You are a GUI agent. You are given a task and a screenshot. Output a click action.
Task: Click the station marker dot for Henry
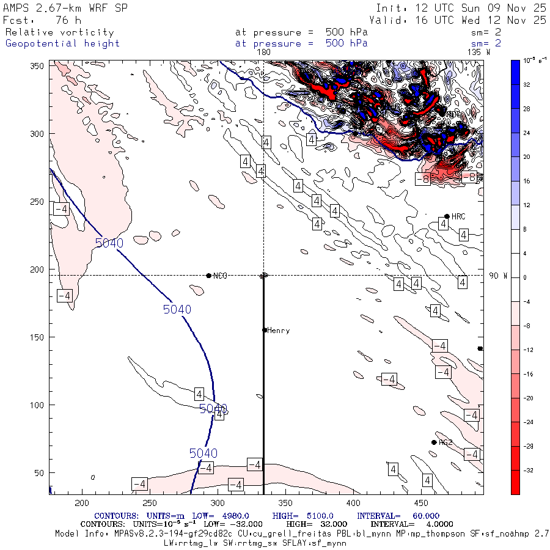point(265,330)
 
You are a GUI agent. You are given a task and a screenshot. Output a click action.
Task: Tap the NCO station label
point(220,276)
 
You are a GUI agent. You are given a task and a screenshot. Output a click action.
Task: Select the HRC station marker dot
point(447,216)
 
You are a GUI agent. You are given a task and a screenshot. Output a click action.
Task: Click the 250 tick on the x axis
point(149,502)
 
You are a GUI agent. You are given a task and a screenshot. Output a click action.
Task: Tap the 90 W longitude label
point(498,276)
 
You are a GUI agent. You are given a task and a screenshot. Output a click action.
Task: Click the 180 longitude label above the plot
point(263,53)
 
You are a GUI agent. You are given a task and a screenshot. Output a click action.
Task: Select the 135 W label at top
point(479,53)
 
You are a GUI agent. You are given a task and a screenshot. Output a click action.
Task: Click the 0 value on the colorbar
point(524,278)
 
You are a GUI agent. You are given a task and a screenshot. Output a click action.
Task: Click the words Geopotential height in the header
point(62,43)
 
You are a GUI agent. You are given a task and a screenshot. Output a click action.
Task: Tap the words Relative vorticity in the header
point(59,32)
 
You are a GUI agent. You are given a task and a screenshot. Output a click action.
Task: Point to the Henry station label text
point(279,331)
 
